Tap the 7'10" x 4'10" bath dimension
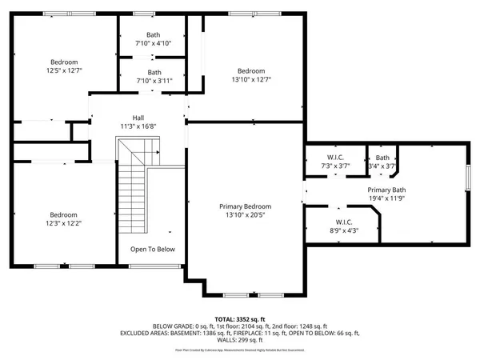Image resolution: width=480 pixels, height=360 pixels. [153, 44]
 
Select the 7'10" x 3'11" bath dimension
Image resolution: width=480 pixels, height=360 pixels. [153, 81]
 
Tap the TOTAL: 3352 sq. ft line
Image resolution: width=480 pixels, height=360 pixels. [240, 318]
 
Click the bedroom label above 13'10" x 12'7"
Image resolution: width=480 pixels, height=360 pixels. [246, 69]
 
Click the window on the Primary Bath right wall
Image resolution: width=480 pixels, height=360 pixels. [468, 178]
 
